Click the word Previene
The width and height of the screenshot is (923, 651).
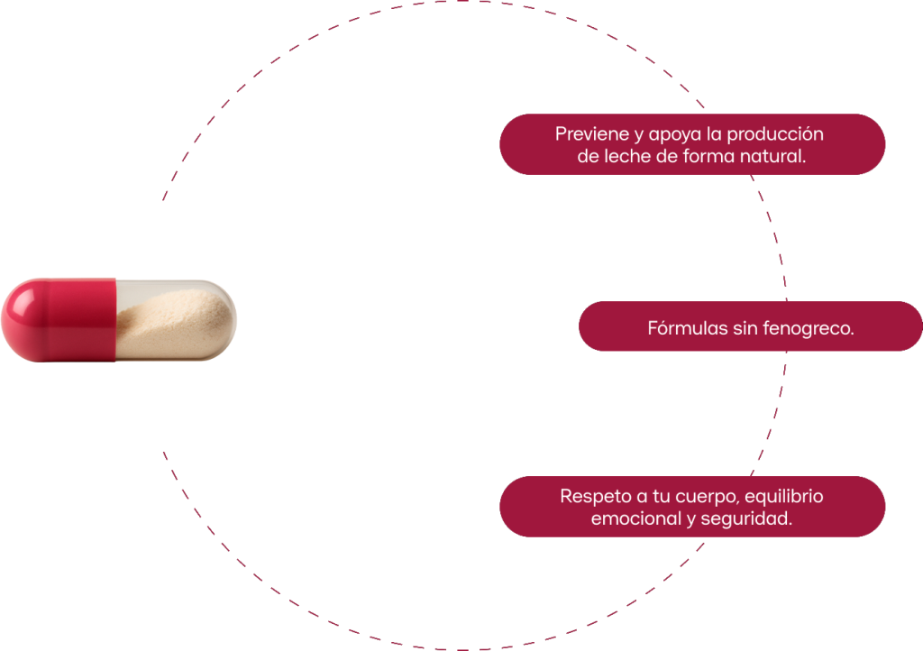pos(592,134)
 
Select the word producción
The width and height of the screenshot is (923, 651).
pos(775,134)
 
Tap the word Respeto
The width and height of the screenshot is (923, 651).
pos(595,497)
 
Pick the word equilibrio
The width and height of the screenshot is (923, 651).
pos(784,497)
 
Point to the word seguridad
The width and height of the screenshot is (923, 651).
pos(746,518)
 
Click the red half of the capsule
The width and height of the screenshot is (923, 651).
pos(59,320)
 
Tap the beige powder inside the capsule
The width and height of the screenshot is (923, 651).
pos(174,324)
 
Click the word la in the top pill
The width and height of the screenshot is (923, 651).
pos(714,134)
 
